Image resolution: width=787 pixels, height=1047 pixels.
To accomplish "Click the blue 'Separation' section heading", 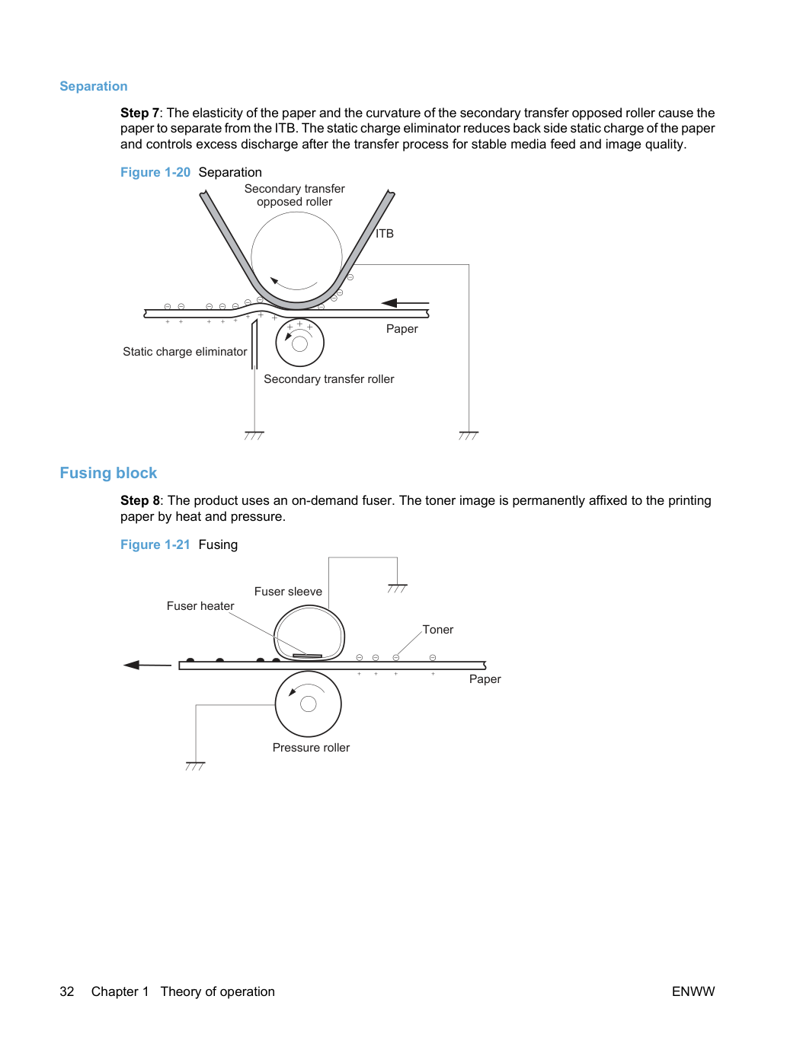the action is (x=94, y=86).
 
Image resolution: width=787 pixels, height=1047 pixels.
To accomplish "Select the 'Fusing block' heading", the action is (x=108, y=473).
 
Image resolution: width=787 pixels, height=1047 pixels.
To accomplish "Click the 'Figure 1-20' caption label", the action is (x=155, y=172).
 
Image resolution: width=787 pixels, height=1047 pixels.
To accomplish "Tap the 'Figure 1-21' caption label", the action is (x=155, y=544).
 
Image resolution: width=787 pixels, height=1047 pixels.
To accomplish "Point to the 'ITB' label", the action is (x=385, y=234).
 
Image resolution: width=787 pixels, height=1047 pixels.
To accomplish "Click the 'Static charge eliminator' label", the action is (x=184, y=352).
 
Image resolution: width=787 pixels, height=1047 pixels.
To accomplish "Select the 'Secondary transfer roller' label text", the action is (x=329, y=379).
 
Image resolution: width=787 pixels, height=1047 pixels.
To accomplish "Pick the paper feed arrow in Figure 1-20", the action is (x=405, y=303).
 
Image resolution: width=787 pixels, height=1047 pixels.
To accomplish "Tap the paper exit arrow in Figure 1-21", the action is (x=147, y=665).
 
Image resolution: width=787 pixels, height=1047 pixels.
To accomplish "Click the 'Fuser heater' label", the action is (x=200, y=606).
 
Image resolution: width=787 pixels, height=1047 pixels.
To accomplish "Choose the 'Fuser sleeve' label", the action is (x=288, y=592).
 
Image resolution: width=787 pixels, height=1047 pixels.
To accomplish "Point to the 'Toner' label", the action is (x=437, y=630).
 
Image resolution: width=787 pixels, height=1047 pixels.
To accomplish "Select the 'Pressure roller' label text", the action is (x=311, y=748).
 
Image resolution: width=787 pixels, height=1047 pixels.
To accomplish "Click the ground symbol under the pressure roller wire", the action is (x=195, y=766).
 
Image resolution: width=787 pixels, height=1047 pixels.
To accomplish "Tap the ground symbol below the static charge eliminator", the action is (x=254, y=436).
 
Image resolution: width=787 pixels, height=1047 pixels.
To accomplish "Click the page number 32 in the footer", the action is (x=67, y=991).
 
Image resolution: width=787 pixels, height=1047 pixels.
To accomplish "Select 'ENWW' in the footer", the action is (x=693, y=991).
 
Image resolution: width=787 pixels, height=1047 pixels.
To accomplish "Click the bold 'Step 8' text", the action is (x=139, y=501).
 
